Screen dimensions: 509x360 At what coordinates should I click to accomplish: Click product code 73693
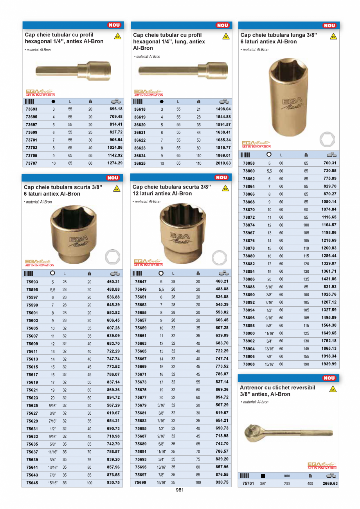(x=31, y=109)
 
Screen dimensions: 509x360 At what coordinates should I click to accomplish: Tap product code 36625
(x=140, y=163)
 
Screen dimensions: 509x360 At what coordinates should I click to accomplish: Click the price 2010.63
(x=223, y=163)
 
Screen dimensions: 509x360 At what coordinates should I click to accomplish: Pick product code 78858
(x=248, y=163)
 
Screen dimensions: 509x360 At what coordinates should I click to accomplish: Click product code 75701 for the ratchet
(x=248, y=484)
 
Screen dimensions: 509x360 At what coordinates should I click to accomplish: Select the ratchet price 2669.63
(x=330, y=484)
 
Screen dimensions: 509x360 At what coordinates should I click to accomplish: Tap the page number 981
(x=180, y=490)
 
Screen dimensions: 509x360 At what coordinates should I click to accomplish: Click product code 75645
(x=32, y=483)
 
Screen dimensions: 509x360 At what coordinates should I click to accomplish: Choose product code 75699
(x=140, y=483)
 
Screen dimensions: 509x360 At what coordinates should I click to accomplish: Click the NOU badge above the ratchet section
(x=329, y=378)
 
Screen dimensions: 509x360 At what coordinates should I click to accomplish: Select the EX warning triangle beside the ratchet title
(x=333, y=390)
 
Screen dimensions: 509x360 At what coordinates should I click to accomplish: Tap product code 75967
(x=248, y=233)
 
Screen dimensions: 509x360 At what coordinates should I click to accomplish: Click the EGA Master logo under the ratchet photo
(x=322, y=466)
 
